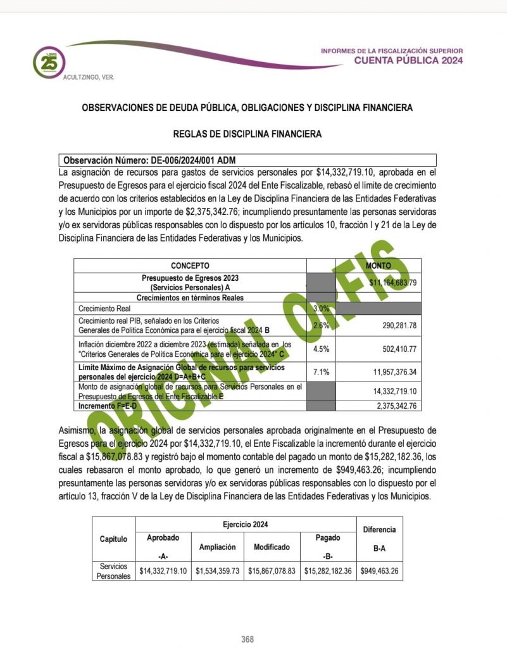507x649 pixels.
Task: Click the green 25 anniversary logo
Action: click(49, 61)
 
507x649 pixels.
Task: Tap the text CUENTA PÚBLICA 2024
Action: click(408, 61)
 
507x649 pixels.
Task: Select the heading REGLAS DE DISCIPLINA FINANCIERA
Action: click(247, 134)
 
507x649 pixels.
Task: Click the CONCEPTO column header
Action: click(190, 266)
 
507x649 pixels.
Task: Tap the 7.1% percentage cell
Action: click(321, 371)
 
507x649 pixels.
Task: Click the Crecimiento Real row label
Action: click(105, 308)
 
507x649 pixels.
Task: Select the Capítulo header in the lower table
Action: click(113, 539)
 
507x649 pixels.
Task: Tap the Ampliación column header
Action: click(217, 546)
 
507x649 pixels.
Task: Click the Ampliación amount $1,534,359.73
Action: click(217, 570)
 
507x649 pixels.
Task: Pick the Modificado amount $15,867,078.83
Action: click(272, 570)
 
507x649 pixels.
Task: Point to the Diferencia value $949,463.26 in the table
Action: click(379, 570)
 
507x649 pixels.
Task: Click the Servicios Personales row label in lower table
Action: click(113, 570)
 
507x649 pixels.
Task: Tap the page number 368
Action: click(247, 639)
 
